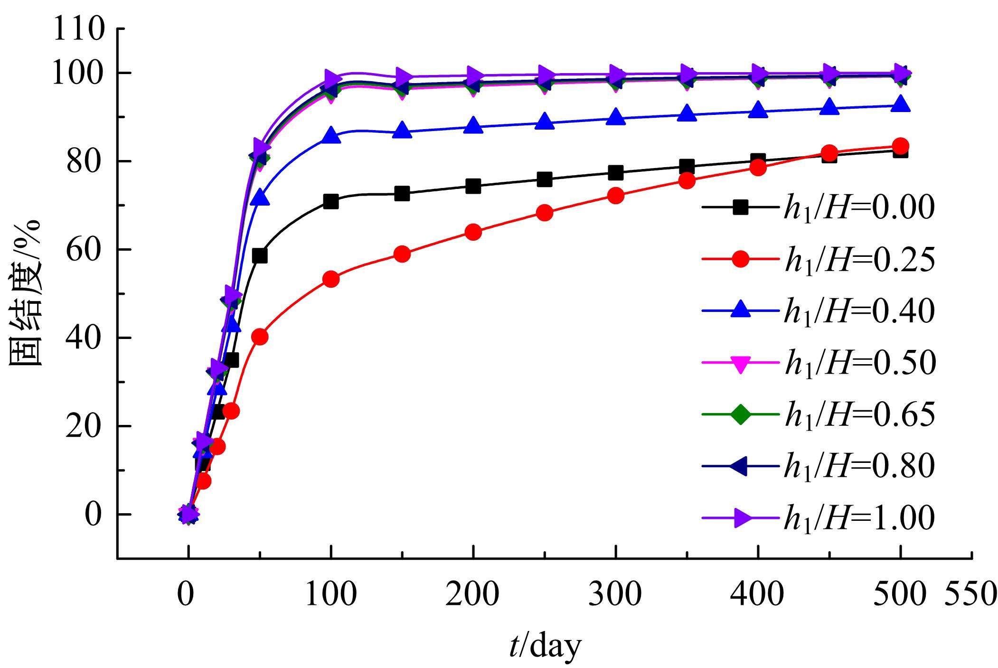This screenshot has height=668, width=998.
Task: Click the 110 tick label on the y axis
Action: [x=79, y=29]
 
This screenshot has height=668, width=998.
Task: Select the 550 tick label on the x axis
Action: [x=969, y=594]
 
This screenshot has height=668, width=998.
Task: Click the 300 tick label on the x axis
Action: [x=615, y=594]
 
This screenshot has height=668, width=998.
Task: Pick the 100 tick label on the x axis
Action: [x=331, y=594]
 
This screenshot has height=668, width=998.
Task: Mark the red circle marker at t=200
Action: [x=473, y=232]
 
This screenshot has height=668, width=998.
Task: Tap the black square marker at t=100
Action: [x=331, y=201]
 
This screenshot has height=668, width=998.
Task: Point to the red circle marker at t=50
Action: [x=260, y=337]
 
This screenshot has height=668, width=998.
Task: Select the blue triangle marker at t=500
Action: [x=900, y=104]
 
